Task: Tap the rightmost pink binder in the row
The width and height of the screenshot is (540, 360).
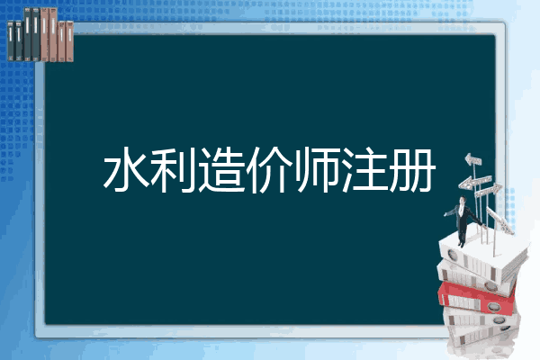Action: tap(69, 40)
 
